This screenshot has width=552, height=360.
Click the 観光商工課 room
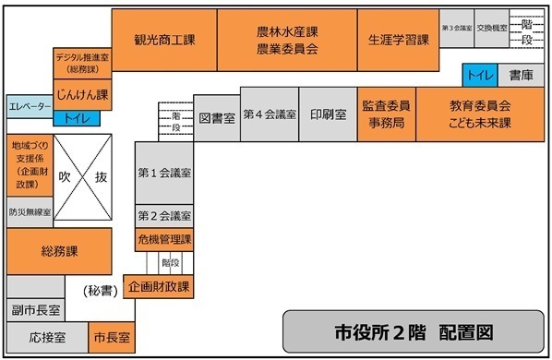tap(163, 41)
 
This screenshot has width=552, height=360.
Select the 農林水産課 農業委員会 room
tap(287, 41)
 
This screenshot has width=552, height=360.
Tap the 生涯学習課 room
tap(398, 41)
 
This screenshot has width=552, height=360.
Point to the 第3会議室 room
tap(457, 29)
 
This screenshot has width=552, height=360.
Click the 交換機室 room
tap(490, 29)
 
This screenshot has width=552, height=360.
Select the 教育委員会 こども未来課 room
tap(480, 114)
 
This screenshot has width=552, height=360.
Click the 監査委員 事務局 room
tap(386, 114)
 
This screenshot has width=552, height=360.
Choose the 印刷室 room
tap(328, 114)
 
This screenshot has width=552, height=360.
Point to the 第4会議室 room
tap(270, 114)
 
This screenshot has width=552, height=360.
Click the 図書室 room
tap(217, 120)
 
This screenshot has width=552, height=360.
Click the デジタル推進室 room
tap(83, 62)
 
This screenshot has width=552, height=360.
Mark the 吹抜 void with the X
tap(82, 175)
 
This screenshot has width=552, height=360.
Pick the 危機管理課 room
tap(163, 239)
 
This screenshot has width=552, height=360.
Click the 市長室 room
tap(111, 338)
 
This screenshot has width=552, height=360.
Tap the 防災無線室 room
tap(30, 211)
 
